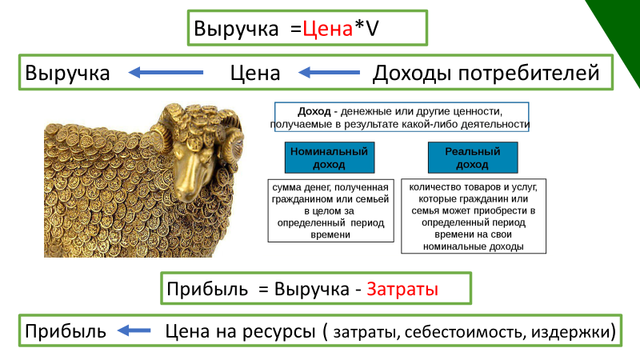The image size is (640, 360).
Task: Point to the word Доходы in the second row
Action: pyautogui.click(x=411, y=74)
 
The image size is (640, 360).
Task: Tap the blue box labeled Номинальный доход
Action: pyautogui.click(x=329, y=158)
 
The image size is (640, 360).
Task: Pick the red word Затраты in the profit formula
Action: pyautogui.click(x=402, y=289)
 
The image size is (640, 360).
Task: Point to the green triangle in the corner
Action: pyautogui.click(x=620, y=32)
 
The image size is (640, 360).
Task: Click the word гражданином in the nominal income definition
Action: pyautogui.click(x=301, y=198)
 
